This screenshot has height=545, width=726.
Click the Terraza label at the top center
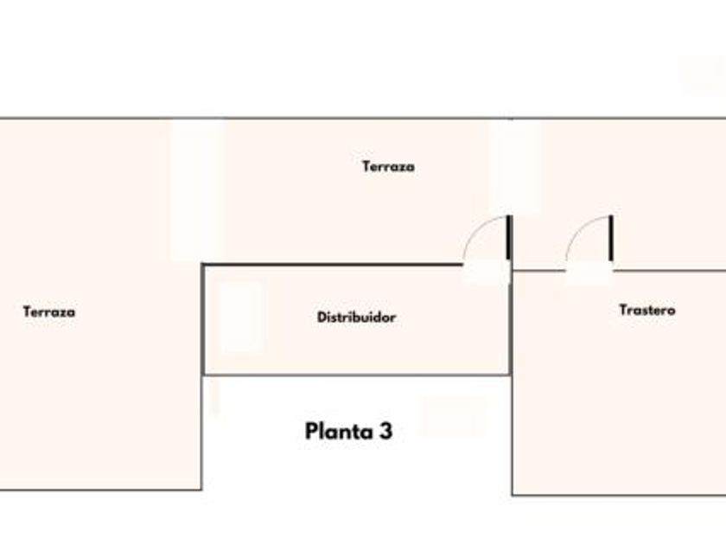pyautogui.click(x=388, y=166)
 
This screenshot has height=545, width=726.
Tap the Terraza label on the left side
pyautogui.click(x=49, y=311)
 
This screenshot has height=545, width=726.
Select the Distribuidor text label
pyautogui.click(x=356, y=317)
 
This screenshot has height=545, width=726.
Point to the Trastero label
pyautogui.click(x=647, y=309)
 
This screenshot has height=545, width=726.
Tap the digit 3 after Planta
pyautogui.click(x=385, y=431)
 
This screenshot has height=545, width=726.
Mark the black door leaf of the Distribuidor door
pyautogui.click(x=509, y=237)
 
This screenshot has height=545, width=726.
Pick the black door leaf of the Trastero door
pyautogui.click(x=611, y=237)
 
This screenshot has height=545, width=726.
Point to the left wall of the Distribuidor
pyautogui.click(x=203, y=320)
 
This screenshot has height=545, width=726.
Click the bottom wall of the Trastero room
pyautogui.click(x=618, y=495)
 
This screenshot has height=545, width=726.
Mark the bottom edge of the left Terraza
pyautogui.click(x=100, y=490)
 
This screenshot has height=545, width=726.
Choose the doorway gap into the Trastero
pyautogui.click(x=589, y=271)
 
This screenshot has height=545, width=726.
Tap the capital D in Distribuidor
pyautogui.click(x=322, y=317)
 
